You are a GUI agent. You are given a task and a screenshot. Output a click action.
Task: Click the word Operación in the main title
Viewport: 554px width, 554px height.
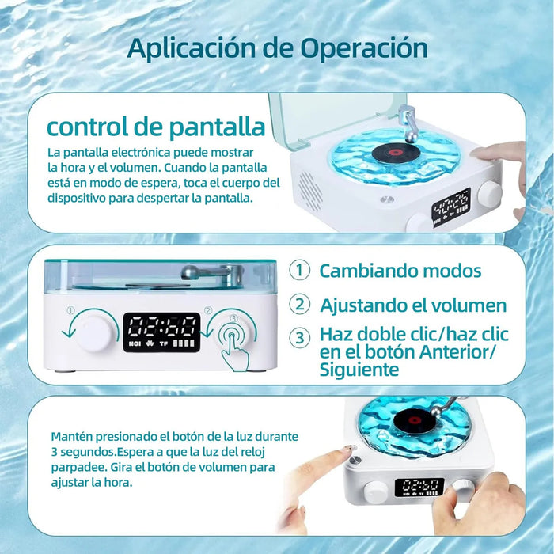click(x=364, y=47)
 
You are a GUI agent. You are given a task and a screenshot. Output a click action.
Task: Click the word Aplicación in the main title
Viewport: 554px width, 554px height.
click(x=191, y=47)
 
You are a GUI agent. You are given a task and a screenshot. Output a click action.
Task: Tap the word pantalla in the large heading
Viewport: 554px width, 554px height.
click(x=217, y=127)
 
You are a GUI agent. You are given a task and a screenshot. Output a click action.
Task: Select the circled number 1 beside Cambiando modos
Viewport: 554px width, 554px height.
click(x=300, y=270)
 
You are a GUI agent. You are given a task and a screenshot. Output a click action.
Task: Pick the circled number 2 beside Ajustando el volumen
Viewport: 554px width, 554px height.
click(x=300, y=304)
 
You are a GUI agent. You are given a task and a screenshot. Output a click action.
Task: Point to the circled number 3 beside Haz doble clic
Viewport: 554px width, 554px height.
click(x=300, y=337)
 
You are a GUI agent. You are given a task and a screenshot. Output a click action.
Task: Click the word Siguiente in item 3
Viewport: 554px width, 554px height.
click(x=359, y=370)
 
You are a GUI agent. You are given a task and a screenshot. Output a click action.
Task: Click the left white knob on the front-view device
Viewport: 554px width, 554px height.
click(x=93, y=332)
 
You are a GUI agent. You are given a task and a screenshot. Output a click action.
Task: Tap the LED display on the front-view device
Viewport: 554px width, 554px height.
click(x=161, y=332)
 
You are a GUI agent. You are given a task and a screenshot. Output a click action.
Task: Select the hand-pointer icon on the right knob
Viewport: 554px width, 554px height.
click(x=234, y=346)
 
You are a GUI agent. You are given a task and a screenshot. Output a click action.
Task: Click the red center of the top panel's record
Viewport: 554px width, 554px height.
click(x=396, y=152)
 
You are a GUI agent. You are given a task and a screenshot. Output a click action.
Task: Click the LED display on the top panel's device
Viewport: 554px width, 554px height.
click(x=451, y=207)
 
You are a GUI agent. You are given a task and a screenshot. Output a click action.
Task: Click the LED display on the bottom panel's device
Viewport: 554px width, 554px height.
click(x=419, y=488)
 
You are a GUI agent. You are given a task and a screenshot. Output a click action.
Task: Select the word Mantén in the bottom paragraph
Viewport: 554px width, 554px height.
click(x=72, y=437)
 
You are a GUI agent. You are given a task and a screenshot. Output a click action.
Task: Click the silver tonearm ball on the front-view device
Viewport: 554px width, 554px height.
click(x=188, y=271)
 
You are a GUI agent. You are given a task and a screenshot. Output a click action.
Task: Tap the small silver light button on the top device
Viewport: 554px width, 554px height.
click(x=386, y=199)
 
